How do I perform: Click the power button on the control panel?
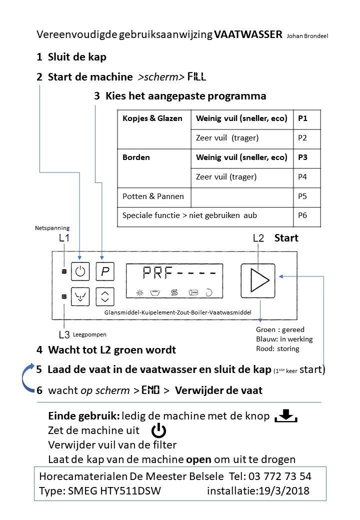80,272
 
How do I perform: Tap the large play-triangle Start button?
257,280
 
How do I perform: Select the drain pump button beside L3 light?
80,297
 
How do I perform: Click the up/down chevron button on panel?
104,297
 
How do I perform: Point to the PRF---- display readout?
179,273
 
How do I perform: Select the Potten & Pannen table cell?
153,196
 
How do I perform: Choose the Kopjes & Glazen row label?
152,118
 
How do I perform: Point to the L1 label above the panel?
64,238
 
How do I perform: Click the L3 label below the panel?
64,334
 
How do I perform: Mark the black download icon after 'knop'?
286,416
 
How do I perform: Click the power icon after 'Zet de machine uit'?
159,430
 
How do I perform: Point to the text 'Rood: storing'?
277,348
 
